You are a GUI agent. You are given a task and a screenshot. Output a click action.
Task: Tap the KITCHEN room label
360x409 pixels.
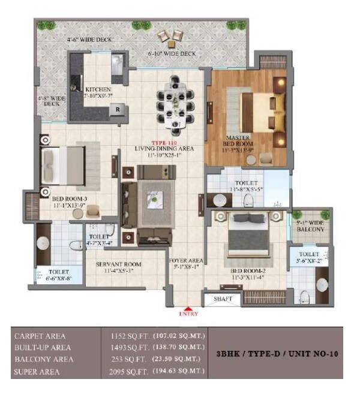point(97,91)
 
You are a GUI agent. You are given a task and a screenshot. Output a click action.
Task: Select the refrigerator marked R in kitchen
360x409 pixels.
point(118,109)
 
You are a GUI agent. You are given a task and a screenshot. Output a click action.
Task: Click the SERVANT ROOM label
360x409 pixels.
point(120,266)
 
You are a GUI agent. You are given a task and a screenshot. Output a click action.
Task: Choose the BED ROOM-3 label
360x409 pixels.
point(70,202)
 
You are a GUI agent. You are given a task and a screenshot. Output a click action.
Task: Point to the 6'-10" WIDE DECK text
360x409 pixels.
point(172,54)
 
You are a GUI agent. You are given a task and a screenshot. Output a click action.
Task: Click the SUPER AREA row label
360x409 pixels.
point(37,372)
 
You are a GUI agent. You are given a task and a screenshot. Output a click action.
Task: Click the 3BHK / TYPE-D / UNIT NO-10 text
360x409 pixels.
point(277,354)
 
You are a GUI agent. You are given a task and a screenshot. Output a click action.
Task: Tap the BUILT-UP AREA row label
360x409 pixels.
point(42,348)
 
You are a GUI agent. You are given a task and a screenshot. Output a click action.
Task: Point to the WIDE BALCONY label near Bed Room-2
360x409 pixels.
point(310,226)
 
